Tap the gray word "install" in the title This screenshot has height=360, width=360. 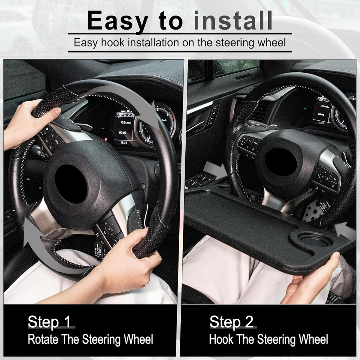pyautogui.click(x=233, y=21)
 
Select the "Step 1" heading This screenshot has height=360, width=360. pyautogui.click(x=49, y=322)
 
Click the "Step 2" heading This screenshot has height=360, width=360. pyautogui.click(x=231, y=322)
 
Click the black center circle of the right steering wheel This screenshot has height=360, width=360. pyautogui.click(x=281, y=162)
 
